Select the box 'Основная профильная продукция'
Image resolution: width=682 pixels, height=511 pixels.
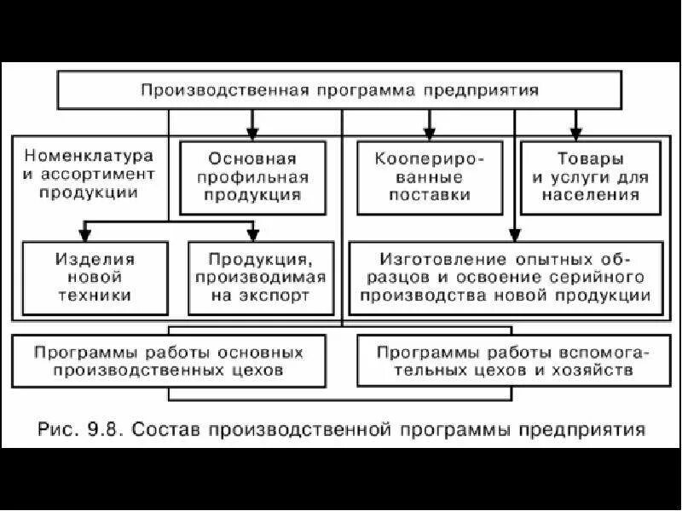(x=253, y=177)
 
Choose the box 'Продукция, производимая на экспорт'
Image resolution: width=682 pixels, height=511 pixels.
(x=253, y=278)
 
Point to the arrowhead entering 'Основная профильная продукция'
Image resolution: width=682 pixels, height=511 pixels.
(x=252, y=134)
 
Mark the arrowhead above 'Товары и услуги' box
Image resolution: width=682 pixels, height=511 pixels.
(x=576, y=134)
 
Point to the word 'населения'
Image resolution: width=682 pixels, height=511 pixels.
(x=593, y=195)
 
